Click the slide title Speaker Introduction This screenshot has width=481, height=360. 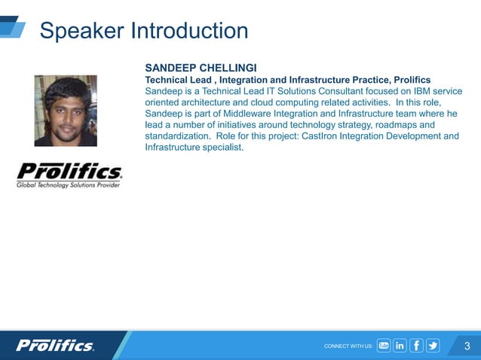(x=143, y=31)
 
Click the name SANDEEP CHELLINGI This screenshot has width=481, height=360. (x=201, y=68)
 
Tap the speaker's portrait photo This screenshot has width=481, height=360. (x=66, y=111)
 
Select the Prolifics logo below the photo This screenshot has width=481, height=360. (x=69, y=171)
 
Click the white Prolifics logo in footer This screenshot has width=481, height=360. (x=56, y=346)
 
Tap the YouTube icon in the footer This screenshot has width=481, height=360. (x=384, y=346)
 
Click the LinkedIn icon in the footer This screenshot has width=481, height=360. (x=400, y=346)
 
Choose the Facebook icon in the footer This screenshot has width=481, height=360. (x=416, y=346)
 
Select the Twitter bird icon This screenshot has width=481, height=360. (x=433, y=346)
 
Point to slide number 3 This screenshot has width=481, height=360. (x=467, y=346)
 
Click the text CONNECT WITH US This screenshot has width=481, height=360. (x=348, y=346)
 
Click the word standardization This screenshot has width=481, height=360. (x=176, y=136)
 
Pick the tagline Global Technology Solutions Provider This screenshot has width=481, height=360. (x=69, y=185)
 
